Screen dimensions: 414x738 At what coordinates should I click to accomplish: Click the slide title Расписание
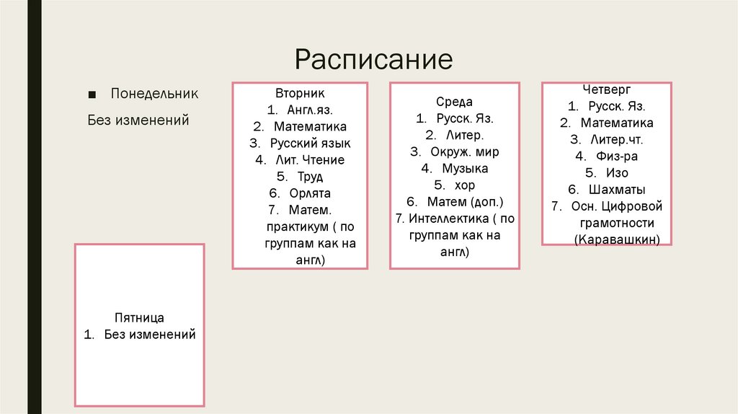pyautogui.click(x=373, y=58)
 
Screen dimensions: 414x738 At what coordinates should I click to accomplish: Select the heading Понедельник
pyautogui.click(x=154, y=94)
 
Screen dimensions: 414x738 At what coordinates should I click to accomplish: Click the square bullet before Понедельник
pyautogui.click(x=92, y=95)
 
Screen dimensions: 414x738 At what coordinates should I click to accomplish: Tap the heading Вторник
pyautogui.click(x=300, y=94)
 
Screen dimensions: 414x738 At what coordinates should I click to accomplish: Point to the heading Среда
pyautogui.click(x=454, y=102)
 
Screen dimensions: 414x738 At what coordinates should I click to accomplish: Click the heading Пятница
pyautogui.click(x=139, y=318)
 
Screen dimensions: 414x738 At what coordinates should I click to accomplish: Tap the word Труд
pyautogui.click(x=310, y=177)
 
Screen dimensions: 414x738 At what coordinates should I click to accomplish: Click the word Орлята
pyautogui.click(x=310, y=193)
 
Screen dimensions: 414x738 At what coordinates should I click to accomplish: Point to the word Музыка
pyautogui.click(x=465, y=169)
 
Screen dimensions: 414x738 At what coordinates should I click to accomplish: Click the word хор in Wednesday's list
pyautogui.click(x=465, y=185)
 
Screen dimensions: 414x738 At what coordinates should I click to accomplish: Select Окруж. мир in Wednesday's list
pyautogui.click(x=465, y=152)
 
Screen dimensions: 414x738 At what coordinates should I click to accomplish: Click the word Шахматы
pyautogui.click(x=616, y=190)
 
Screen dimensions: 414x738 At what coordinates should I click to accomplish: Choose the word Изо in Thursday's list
pyautogui.click(x=617, y=173)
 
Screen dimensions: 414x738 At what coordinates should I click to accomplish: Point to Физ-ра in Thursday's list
pyautogui.click(x=616, y=157)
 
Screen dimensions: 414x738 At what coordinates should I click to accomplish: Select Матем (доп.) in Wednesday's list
pyautogui.click(x=465, y=202)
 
